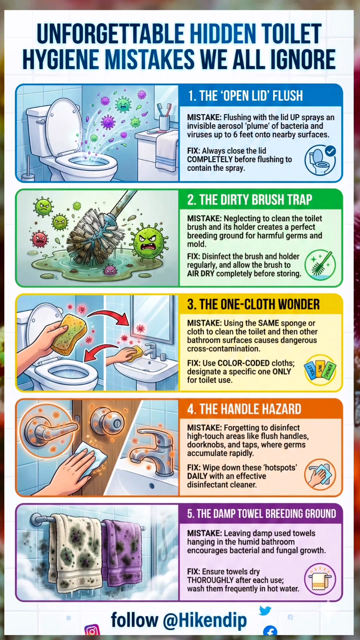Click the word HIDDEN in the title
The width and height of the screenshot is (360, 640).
click(x=223, y=34)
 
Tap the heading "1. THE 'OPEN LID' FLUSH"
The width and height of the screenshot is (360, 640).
click(x=245, y=96)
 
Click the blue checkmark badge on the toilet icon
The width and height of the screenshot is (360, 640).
click(x=330, y=151)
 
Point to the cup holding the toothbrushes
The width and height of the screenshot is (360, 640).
click(x=165, y=122)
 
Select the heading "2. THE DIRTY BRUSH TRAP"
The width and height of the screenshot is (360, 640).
click(x=250, y=200)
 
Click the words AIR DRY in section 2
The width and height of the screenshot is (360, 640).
click(x=201, y=274)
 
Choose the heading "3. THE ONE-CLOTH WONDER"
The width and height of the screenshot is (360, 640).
click(x=253, y=305)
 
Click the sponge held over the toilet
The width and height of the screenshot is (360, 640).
click(x=69, y=334)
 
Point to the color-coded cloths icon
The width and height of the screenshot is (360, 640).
click(x=320, y=370)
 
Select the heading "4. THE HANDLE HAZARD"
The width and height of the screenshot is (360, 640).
click(x=244, y=409)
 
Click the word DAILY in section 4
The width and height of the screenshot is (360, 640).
click(x=197, y=476)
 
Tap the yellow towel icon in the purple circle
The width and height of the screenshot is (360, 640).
click(x=320, y=579)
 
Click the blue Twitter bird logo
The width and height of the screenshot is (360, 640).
click(x=265, y=610)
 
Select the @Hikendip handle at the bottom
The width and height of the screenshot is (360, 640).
click(x=205, y=620)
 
